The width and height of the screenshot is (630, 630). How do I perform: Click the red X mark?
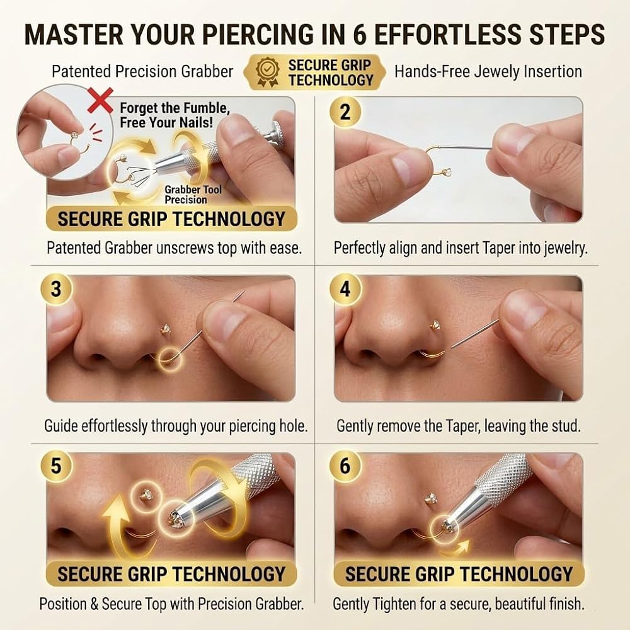click(x=100, y=102)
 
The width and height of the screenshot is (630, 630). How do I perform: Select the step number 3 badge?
click(x=56, y=289)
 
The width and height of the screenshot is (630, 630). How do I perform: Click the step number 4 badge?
click(x=345, y=289)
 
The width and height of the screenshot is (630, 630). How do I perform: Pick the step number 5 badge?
click(x=56, y=466)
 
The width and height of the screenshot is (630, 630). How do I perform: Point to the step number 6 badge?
click(x=345, y=466)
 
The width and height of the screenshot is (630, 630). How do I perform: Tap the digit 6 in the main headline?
click(x=360, y=34)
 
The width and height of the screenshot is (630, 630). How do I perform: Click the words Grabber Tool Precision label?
click(x=193, y=195)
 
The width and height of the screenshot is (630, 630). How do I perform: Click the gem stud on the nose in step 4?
click(x=435, y=324)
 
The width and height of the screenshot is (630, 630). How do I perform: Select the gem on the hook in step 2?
click(x=447, y=173)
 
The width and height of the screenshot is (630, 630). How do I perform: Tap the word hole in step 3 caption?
click(x=294, y=425)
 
